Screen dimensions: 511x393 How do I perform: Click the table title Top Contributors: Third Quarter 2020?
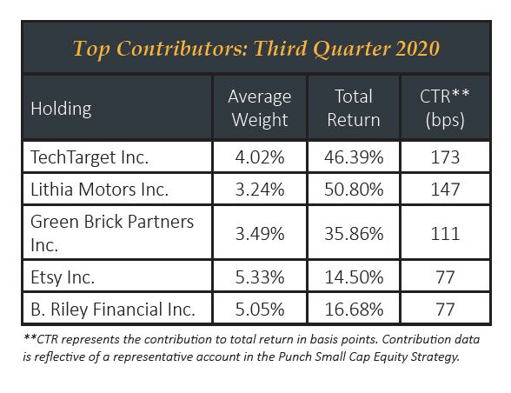256,49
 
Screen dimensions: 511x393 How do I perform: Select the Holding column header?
61,109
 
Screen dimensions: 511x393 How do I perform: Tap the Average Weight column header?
260,108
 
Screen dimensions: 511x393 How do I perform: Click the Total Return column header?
354,108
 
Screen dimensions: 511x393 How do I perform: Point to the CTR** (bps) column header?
445,109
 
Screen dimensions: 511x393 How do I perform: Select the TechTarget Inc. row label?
90,157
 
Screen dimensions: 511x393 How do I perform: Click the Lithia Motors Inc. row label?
99,190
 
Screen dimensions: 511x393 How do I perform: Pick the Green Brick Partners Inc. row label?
112,233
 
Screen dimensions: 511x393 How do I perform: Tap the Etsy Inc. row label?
63,277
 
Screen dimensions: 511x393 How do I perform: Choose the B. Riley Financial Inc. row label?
113,310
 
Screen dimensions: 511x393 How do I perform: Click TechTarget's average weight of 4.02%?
260,157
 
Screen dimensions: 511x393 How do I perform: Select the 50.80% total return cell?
354,190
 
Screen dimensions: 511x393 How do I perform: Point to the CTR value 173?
445,157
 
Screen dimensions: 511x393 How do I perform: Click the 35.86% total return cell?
354,234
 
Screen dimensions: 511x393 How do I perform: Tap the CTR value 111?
445,234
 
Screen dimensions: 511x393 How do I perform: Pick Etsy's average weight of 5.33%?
260,277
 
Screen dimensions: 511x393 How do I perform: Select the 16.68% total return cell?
354,310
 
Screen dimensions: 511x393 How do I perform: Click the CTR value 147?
445,190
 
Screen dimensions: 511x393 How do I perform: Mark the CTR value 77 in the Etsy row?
445,277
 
